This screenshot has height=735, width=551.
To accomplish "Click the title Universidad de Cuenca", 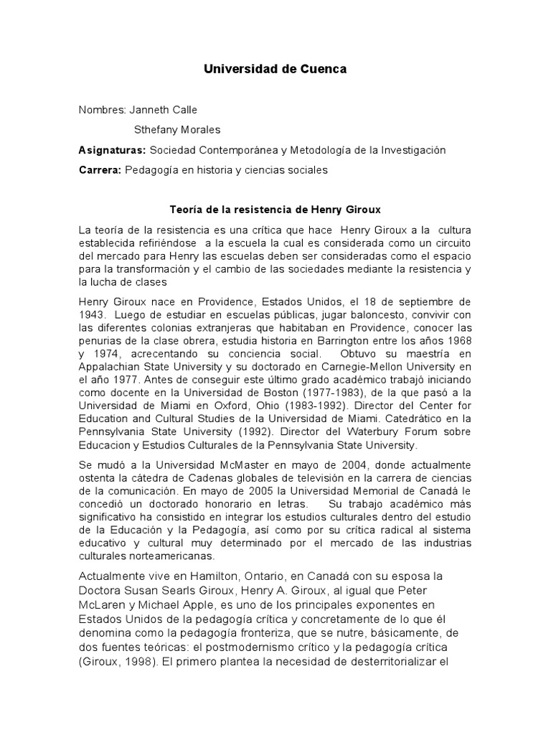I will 275,70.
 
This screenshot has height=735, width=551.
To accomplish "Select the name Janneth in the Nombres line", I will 148,110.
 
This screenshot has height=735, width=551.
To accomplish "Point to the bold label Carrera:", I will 100,170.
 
